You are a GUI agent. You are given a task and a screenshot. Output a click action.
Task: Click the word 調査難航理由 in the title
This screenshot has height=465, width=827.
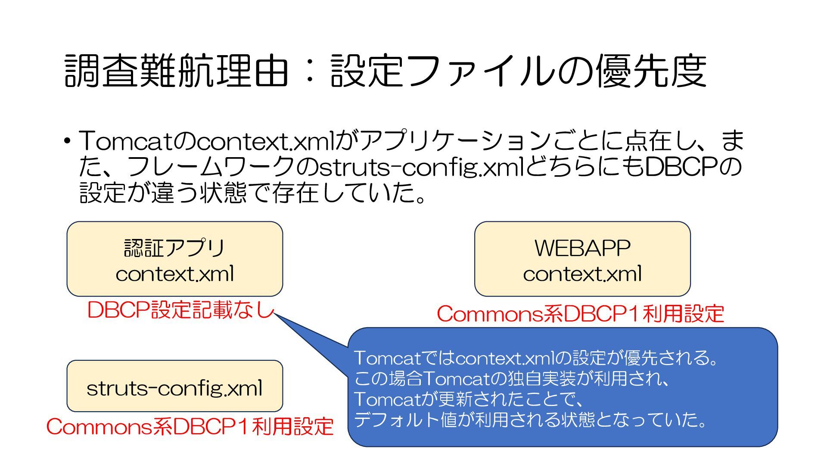tap(176, 71)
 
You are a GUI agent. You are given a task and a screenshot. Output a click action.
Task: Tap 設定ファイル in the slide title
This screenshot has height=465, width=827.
tap(444, 71)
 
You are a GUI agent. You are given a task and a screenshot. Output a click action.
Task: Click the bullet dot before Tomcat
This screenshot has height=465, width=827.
tap(67, 141)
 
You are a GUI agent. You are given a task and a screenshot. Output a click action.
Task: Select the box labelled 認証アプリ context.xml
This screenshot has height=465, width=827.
tap(174, 259)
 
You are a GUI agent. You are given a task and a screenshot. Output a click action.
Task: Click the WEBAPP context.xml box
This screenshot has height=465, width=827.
tap(582, 259)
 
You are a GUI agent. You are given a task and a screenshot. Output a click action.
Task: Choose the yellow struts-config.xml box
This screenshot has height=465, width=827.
tap(174, 386)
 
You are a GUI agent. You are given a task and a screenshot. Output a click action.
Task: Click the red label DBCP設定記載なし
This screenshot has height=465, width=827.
tap(180, 310)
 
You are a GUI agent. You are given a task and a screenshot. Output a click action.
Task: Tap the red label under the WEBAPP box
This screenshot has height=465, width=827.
tap(580, 314)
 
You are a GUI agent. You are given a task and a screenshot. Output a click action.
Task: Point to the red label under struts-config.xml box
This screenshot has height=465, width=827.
tap(190, 427)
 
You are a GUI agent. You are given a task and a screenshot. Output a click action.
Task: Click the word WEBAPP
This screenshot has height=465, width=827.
tap(582, 248)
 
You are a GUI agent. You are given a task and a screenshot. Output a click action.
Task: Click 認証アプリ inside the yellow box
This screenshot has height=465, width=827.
tap(174, 248)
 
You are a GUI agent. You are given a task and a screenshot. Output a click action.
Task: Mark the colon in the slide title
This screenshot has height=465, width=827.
tap(309, 71)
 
